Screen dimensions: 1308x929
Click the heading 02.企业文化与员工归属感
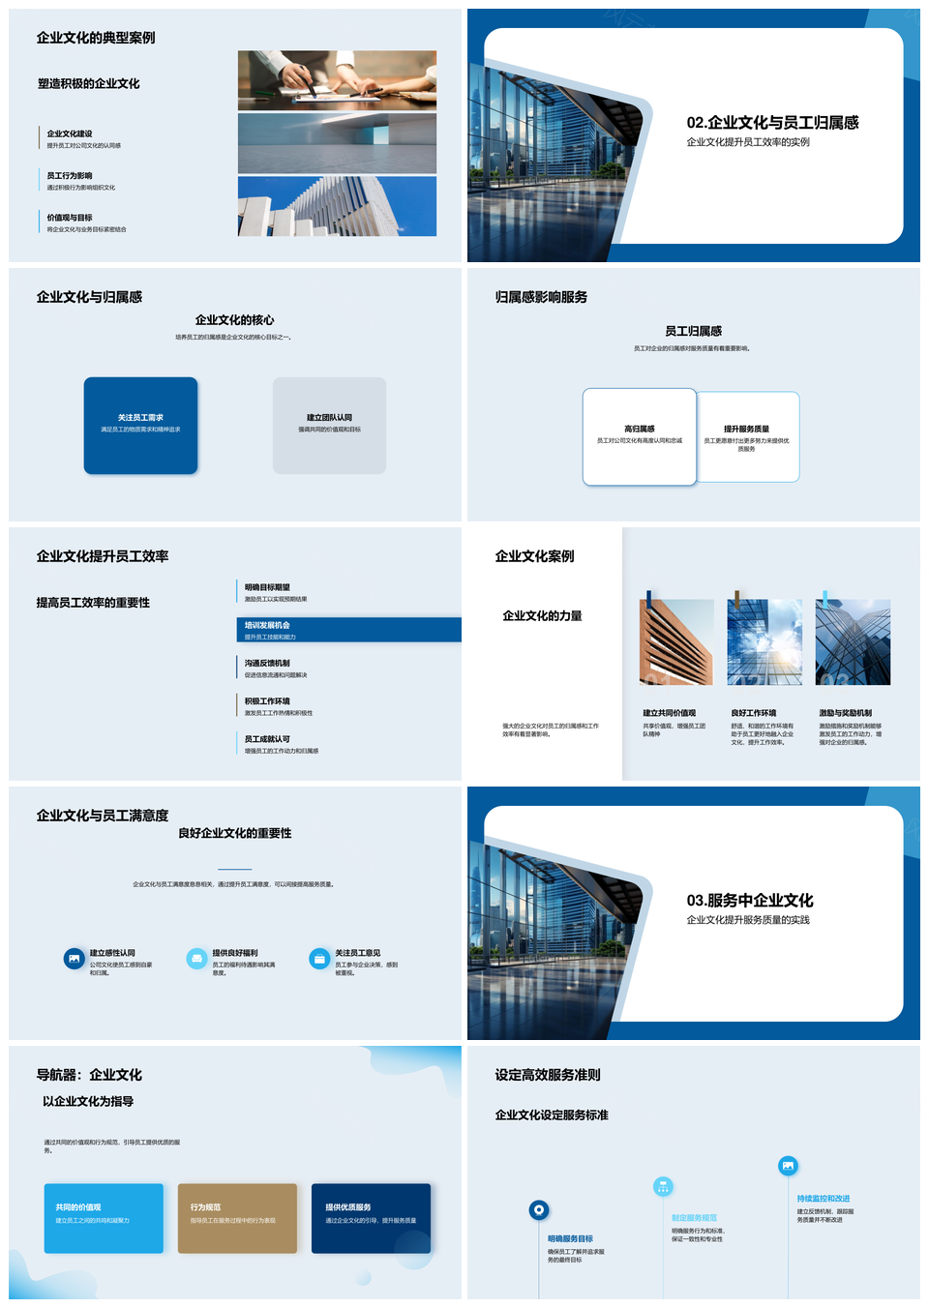click(x=772, y=123)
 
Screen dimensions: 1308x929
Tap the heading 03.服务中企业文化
click(x=750, y=901)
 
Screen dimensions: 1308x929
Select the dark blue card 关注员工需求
click(x=140, y=426)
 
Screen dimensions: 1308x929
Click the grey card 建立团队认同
click(x=329, y=426)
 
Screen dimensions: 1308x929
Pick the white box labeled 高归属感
click(x=639, y=436)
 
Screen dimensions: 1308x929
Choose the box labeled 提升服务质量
click(x=748, y=436)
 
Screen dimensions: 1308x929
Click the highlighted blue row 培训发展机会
click(x=348, y=630)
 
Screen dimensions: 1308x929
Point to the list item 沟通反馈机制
click(x=267, y=664)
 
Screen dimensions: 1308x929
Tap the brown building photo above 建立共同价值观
click(x=676, y=642)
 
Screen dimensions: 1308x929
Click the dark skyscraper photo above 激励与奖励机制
click(x=853, y=642)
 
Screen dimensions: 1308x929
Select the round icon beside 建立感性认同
click(x=75, y=959)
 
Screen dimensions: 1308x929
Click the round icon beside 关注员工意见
click(x=319, y=959)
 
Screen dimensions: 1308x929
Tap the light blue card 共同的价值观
click(x=104, y=1218)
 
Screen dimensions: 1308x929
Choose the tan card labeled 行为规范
click(x=237, y=1218)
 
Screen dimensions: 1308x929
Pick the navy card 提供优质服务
click(x=371, y=1218)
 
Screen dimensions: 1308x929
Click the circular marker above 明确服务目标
click(x=539, y=1209)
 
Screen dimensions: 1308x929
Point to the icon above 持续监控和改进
click(x=788, y=1166)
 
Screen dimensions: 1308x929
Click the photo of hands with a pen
click(x=337, y=80)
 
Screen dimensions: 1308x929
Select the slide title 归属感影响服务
click(x=541, y=297)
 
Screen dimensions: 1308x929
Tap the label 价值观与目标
click(x=70, y=218)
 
